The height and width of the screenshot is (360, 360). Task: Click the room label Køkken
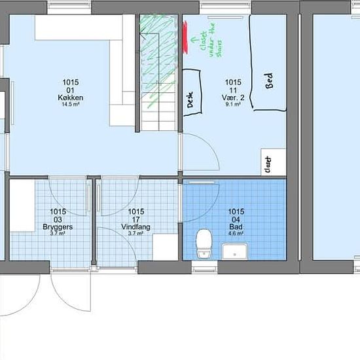point(70,98)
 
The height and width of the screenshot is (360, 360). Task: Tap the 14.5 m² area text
point(70,105)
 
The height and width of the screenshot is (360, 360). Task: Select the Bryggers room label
point(58,227)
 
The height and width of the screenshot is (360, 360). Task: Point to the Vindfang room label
point(136,227)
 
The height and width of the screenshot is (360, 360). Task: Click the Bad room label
point(236,227)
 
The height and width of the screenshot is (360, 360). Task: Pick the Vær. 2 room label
point(234,98)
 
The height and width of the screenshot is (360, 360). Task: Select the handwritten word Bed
point(268,80)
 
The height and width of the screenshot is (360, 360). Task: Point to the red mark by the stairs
point(185,37)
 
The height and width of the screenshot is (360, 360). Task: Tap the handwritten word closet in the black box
point(268,164)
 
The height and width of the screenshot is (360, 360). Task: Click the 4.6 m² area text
point(236,234)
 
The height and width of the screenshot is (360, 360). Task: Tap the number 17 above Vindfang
point(136,220)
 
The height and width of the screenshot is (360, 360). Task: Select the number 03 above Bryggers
point(58,220)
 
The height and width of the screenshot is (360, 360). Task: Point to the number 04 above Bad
point(236,220)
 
